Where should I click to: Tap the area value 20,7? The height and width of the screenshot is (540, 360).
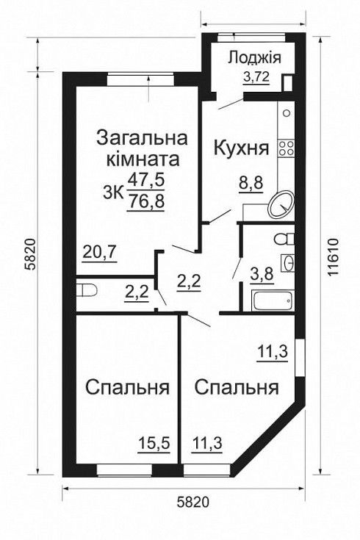pos(99,255)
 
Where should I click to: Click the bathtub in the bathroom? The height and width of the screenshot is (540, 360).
pos(273,301)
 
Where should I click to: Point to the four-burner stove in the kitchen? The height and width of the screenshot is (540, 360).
pos(287,148)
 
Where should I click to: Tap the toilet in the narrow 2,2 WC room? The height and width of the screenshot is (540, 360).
pos(87,289)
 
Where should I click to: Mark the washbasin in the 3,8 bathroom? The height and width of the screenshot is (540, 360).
pos(289,262)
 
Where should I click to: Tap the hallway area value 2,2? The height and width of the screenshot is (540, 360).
pos(189,280)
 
